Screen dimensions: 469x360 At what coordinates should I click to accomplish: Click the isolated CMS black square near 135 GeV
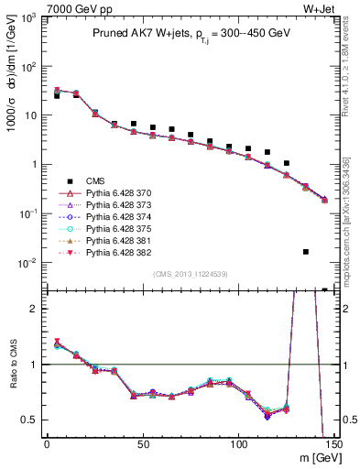pos(306,251)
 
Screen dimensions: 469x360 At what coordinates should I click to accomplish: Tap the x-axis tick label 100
pos(238,444)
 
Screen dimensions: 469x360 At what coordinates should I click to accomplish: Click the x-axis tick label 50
pos(142,444)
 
